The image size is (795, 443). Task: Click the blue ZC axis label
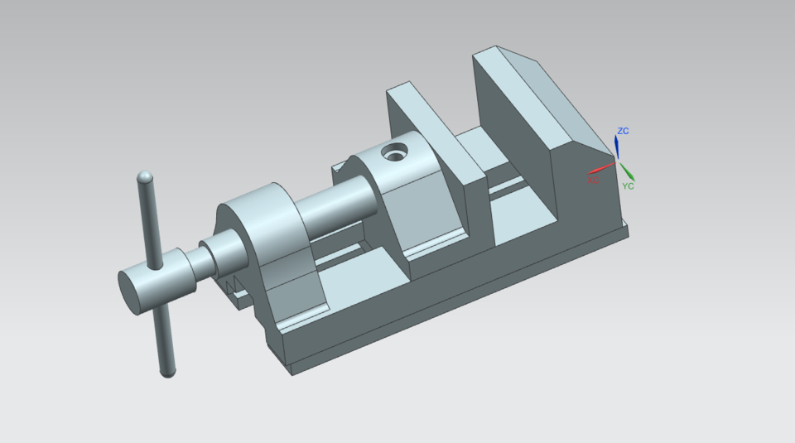(x=623, y=132)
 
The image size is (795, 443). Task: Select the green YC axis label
(x=628, y=186)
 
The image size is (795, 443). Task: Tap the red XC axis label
(x=593, y=180)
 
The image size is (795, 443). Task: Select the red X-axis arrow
(x=601, y=168)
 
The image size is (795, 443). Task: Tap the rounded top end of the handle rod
(x=145, y=177)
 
